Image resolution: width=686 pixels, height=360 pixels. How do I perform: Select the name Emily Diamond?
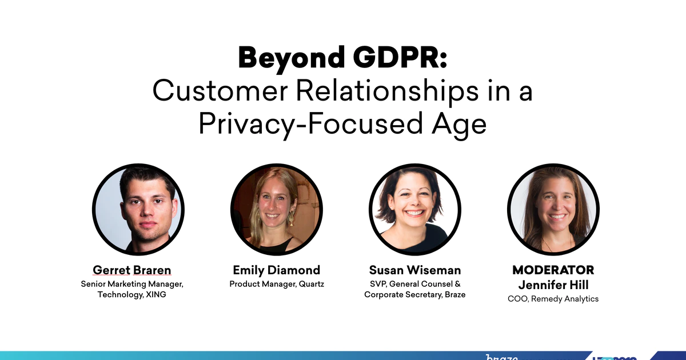tap(277, 270)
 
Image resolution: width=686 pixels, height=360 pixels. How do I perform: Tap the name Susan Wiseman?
tap(415, 270)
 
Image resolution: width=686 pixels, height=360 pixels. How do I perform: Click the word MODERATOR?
tap(553, 270)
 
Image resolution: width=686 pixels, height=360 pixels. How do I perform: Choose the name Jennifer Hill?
tap(553, 285)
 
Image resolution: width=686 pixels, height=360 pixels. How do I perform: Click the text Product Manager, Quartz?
tap(277, 284)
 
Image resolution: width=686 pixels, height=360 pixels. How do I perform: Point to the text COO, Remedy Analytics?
tap(553, 299)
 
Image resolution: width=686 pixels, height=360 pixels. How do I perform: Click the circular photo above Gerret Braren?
tap(138, 209)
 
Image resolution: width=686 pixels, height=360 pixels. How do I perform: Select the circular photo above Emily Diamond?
tap(277, 209)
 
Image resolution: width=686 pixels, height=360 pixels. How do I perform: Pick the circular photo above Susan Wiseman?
tap(415, 209)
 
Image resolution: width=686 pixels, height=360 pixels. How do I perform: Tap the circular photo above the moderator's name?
tap(553, 209)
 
